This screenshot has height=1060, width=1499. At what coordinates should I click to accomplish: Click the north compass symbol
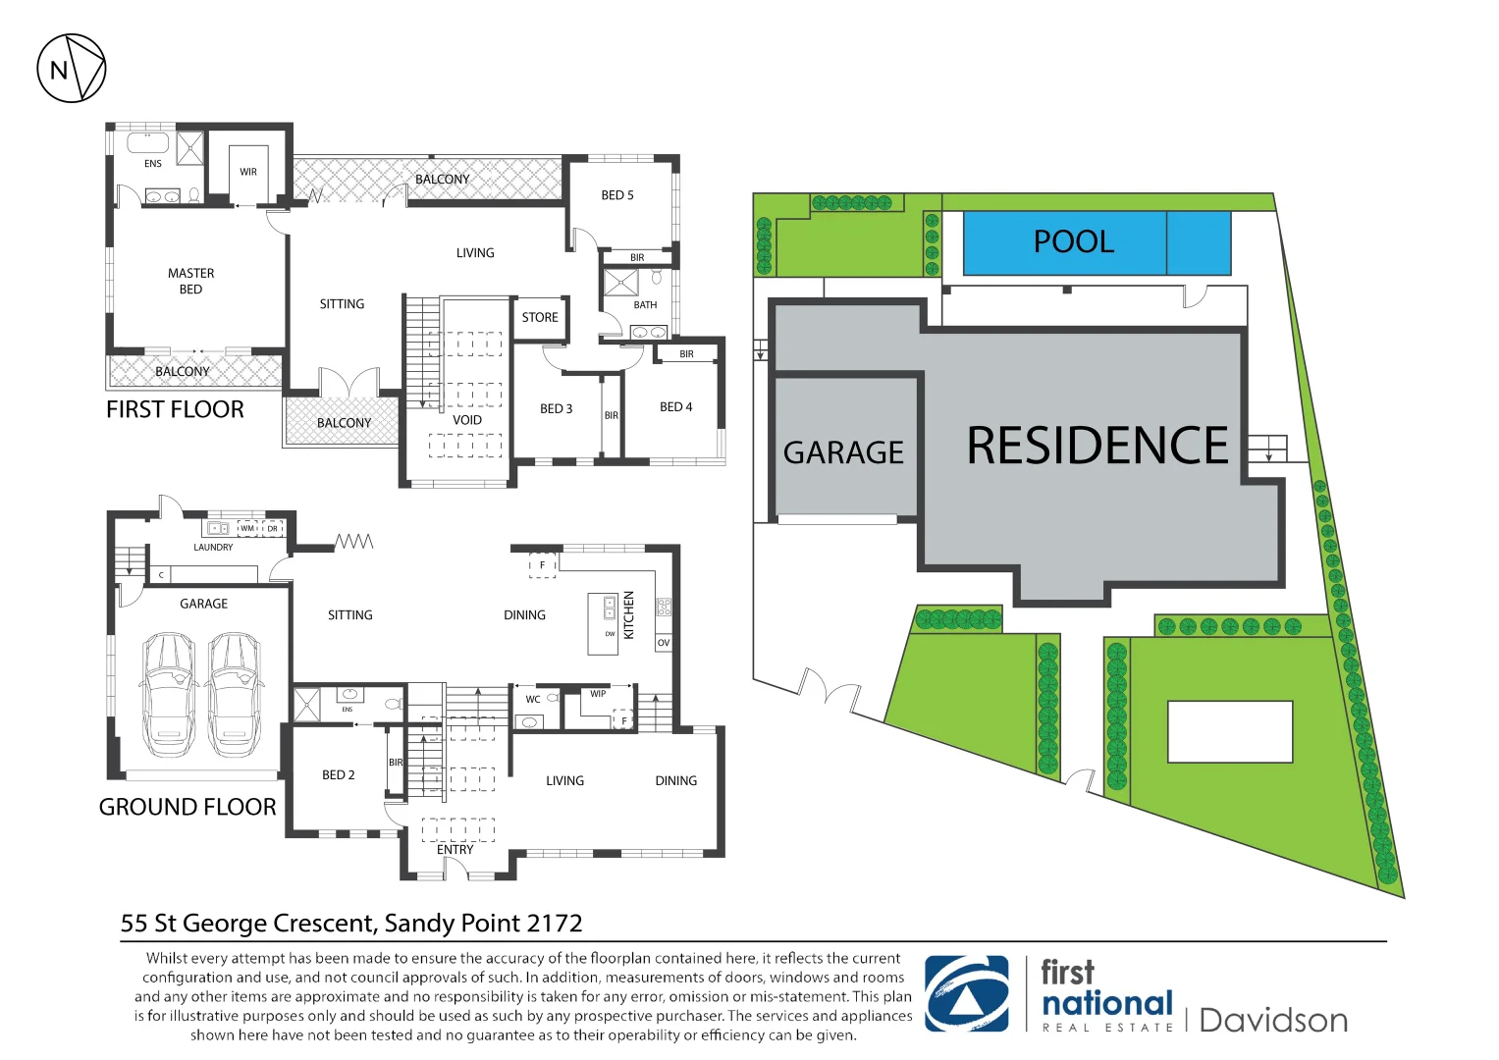tap(71, 69)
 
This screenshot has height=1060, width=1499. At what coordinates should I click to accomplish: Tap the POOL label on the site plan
tap(1074, 242)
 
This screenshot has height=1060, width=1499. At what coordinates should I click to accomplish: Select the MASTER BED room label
tap(190, 282)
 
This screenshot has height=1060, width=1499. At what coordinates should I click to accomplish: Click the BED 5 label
tap(617, 195)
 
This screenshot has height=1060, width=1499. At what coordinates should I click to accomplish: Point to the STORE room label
tap(540, 318)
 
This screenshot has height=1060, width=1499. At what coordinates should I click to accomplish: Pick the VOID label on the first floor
tap(467, 420)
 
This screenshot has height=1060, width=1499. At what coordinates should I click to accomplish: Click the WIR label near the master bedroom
tap(248, 172)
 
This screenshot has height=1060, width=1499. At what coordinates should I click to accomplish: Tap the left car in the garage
tap(169, 694)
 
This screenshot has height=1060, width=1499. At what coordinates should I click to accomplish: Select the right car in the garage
tap(235, 694)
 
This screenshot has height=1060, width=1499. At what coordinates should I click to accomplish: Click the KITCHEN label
tap(629, 615)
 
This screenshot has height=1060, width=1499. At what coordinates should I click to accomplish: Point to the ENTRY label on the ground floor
tap(455, 850)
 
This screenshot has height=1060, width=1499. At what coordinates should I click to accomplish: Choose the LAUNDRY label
tap(213, 548)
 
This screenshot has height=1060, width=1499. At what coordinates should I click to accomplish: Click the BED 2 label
tap(339, 775)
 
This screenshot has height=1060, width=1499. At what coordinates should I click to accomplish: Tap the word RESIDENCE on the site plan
tap(1097, 446)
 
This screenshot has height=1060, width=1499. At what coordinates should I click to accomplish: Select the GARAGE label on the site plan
tap(843, 452)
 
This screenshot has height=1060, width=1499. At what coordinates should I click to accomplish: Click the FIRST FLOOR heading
tap(175, 410)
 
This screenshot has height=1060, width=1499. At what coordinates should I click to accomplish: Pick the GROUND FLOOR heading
tap(187, 808)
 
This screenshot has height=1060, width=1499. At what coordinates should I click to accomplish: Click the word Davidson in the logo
tap(1273, 1021)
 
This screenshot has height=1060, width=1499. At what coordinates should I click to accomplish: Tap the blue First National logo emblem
tap(967, 994)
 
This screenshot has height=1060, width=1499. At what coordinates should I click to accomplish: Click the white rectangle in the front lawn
tap(1229, 731)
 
